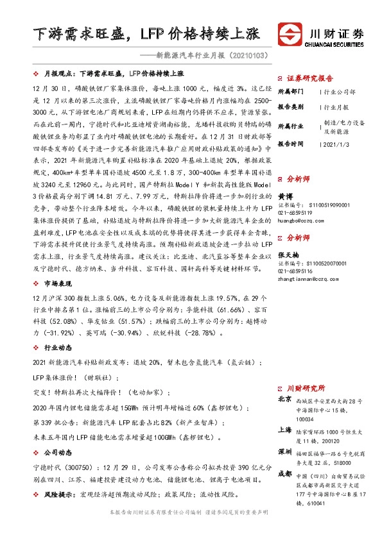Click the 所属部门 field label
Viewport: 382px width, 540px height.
point(290,92)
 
